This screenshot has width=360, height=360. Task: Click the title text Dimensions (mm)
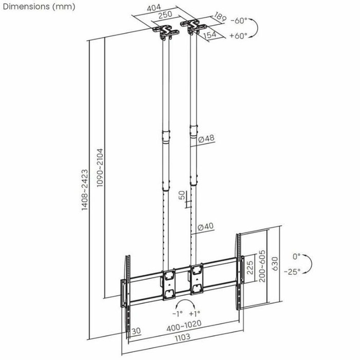(38, 7)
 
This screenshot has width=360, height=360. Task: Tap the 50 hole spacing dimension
(181, 196)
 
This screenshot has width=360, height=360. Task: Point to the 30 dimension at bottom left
(136, 331)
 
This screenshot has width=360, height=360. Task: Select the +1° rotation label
(195, 313)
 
